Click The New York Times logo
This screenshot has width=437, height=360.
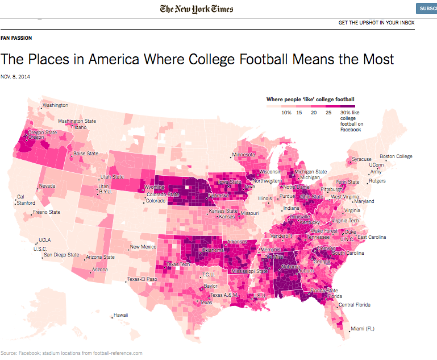coord(197,9)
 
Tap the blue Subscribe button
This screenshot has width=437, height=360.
coord(426,9)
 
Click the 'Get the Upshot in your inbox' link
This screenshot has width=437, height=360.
coord(376,23)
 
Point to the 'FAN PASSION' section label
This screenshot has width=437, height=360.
coord(16,38)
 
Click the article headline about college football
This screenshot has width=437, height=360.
coord(197,59)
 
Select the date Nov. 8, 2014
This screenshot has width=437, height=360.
coord(15,77)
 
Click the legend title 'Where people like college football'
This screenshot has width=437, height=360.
coord(310,100)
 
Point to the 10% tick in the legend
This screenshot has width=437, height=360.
coord(286,113)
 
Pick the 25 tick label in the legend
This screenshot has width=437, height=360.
coord(328,113)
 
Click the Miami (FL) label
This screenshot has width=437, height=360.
coord(366,329)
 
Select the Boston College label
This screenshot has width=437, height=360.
coord(396,156)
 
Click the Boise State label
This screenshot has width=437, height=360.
coord(85,154)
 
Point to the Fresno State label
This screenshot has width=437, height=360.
coord(47,212)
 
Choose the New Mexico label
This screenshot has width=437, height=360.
coord(143,247)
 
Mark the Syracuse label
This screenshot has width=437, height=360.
coord(361,159)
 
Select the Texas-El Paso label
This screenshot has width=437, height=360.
coord(141,279)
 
